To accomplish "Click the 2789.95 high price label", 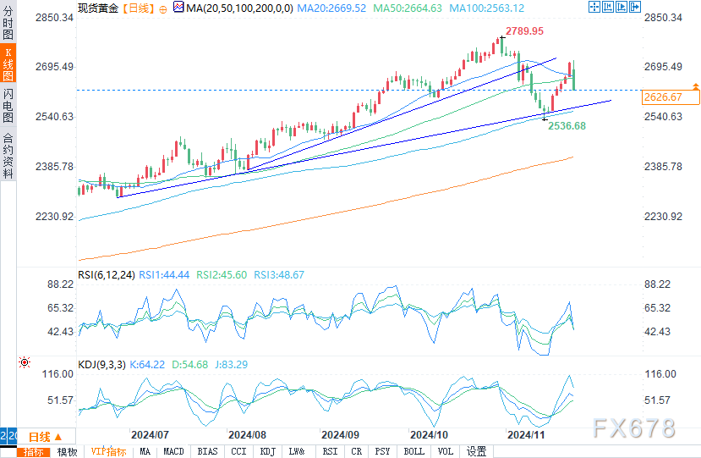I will pyautogui.click(x=524, y=31).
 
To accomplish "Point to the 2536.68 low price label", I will pyautogui.click(x=567, y=126).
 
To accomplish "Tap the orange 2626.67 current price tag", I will pyautogui.click(x=662, y=97).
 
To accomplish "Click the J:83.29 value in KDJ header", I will pyautogui.click(x=227, y=365).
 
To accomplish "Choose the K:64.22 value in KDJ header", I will pyautogui.click(x=149, y=365).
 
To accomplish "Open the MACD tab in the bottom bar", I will pyautogui.click(x=173, y=451).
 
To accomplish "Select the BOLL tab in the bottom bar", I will pyautogui.click(x=413, y=451).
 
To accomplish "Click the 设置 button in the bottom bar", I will pyautogui.click(x=477, y=451).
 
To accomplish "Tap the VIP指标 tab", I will pyautogui.click(x=108, y=451).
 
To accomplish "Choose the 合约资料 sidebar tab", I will pyautogui.click(x=8, y=156).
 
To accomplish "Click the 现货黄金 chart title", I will pyautogui.click(x=97, y=8).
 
